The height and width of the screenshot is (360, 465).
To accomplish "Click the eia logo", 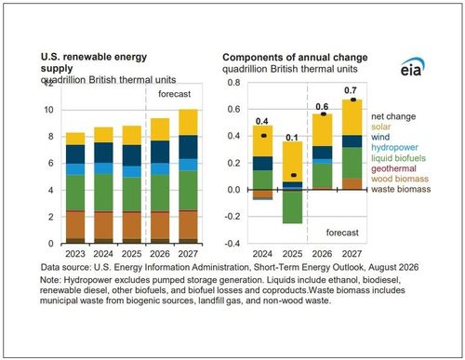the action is point(412,67).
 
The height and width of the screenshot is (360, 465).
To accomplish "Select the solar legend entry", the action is point(380,127).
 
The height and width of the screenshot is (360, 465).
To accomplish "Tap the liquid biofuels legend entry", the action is point(398,158).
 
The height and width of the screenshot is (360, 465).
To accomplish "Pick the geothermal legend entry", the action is point(393,168).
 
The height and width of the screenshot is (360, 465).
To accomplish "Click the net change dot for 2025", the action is point(294,175).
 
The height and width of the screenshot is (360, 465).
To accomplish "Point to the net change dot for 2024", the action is point(264,136).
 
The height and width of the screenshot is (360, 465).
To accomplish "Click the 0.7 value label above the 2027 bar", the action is point(351,90).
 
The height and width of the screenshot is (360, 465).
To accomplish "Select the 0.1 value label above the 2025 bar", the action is point(292,137).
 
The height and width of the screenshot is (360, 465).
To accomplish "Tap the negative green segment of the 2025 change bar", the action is point(292,207).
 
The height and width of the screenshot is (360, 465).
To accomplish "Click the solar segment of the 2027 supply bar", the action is point(188,122).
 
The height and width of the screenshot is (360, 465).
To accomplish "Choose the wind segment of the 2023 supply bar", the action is point(75,154).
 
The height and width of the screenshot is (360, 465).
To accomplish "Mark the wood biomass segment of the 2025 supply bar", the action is point(132,225).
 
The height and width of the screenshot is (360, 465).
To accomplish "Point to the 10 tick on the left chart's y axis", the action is point(49,110).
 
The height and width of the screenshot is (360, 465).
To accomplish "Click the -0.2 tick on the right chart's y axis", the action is point(233,217).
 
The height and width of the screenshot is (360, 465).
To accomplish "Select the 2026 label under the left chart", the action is point(160,254).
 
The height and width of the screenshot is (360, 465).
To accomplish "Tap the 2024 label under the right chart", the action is point(262,254).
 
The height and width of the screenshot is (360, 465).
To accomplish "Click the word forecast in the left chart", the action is point(175,94).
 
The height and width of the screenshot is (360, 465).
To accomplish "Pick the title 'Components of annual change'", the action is point(295,58).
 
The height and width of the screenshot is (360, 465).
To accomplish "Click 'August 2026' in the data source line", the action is point(393,267).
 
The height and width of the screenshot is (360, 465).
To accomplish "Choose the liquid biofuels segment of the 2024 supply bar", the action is point(103,193).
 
